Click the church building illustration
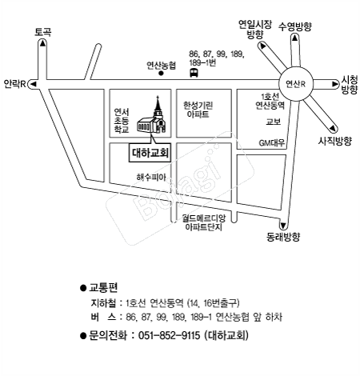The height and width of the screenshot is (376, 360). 152,118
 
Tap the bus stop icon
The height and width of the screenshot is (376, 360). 194,73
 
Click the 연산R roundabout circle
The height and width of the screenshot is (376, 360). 296,84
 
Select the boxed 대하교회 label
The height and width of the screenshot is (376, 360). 150,153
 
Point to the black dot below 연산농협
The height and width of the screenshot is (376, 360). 161,74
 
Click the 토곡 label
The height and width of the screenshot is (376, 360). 42,32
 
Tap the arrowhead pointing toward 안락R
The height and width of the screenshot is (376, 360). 34,84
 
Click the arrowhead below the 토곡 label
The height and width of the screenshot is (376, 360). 42,43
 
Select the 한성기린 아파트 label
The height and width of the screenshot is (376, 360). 198,110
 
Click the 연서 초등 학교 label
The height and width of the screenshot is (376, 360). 122,121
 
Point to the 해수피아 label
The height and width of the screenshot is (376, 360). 151,177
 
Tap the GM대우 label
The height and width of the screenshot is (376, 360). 272,143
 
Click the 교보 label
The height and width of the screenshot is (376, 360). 274,122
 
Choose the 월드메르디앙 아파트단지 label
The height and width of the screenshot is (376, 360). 204,222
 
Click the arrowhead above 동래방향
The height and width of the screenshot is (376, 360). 283,226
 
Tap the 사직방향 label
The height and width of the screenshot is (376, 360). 334,141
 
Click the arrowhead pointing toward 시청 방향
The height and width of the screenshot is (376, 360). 335,84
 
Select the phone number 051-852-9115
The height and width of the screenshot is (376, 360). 169,335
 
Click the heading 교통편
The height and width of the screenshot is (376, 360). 103,287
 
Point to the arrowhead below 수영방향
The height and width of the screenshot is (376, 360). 294,38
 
